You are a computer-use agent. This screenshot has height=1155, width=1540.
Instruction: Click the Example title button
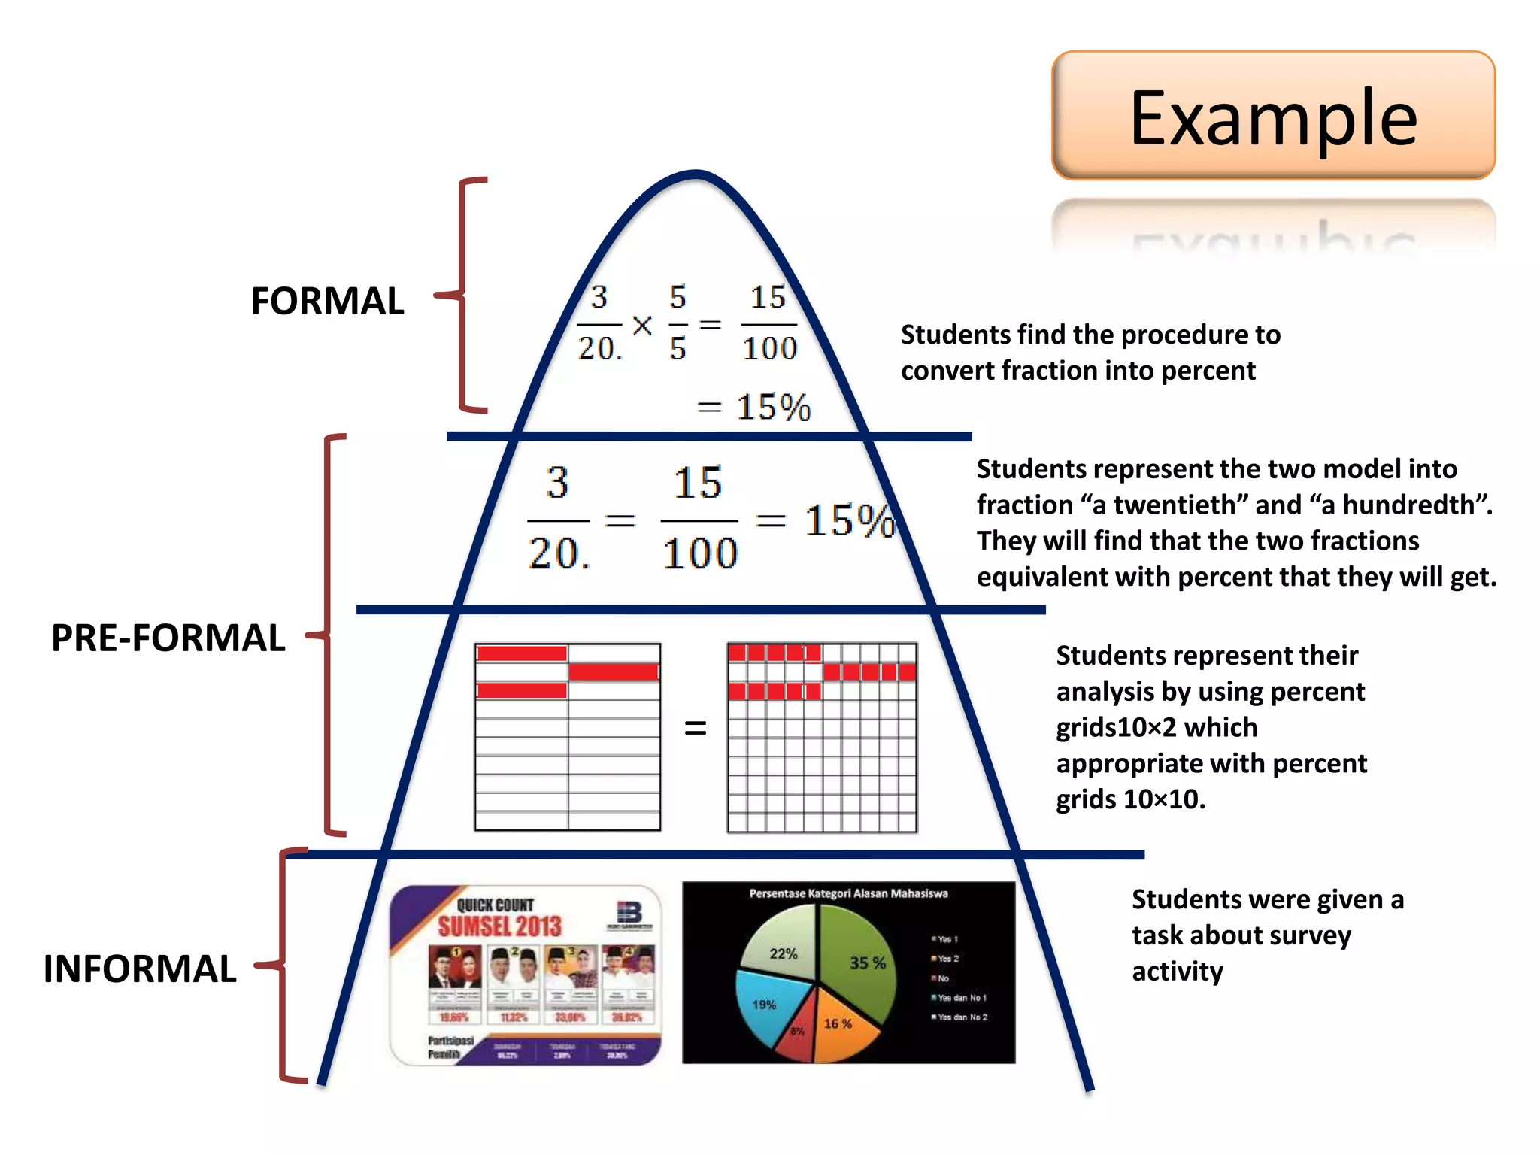[x=1273, y=116]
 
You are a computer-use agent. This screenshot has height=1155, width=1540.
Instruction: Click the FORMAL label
[x=327, y=301]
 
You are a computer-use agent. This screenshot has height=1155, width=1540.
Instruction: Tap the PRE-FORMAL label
[x=168, y=638]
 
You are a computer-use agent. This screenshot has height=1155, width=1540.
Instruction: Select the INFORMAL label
[x=140, y=969]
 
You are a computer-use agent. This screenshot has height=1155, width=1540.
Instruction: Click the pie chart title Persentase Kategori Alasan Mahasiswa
[x=848, y=893]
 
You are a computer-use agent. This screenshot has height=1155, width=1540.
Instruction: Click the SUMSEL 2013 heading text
[x=500, y=926]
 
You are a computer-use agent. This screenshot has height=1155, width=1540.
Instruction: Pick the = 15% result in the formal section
[x=754, y=407]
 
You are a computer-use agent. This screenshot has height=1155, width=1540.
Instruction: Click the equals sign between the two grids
[x=696, y=728]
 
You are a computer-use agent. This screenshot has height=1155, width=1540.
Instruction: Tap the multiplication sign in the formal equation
[x=642, y=326]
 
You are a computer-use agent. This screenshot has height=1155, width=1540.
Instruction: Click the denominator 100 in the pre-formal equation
[x=700, y=553]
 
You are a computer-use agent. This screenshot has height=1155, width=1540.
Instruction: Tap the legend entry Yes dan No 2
[x=962, y=1017]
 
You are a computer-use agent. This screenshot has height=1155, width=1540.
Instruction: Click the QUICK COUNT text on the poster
[x=496, y=904]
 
